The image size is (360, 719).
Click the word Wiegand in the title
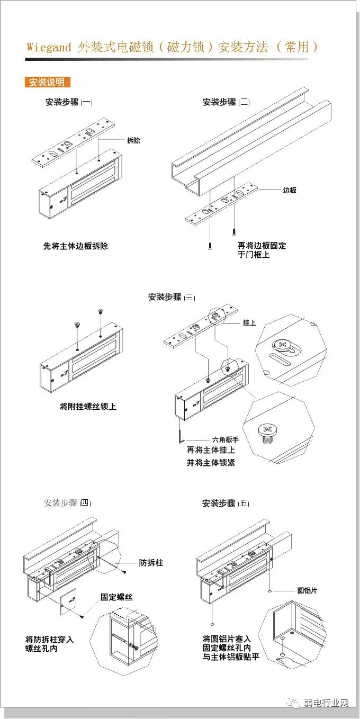(x=49, y=47)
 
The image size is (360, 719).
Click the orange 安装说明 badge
(x=47, y=82)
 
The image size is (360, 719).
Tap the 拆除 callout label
(x=133, y=141)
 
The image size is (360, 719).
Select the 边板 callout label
(x=290, y=190)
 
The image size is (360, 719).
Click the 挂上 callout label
(x=249, y=322)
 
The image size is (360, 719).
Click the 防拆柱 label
(x=151, y=562)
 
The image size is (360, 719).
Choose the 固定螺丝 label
(x=116, y=597)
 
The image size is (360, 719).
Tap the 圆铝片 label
(x=307, y=590)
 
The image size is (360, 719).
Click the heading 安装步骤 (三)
(x=171, y=297)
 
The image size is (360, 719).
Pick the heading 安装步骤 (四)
(x=68, y=503)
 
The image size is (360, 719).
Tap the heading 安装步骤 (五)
(x=226, y=504)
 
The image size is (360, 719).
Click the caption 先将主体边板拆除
(x=75, y=246)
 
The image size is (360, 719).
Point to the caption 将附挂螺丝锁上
(x=88, y=407)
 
